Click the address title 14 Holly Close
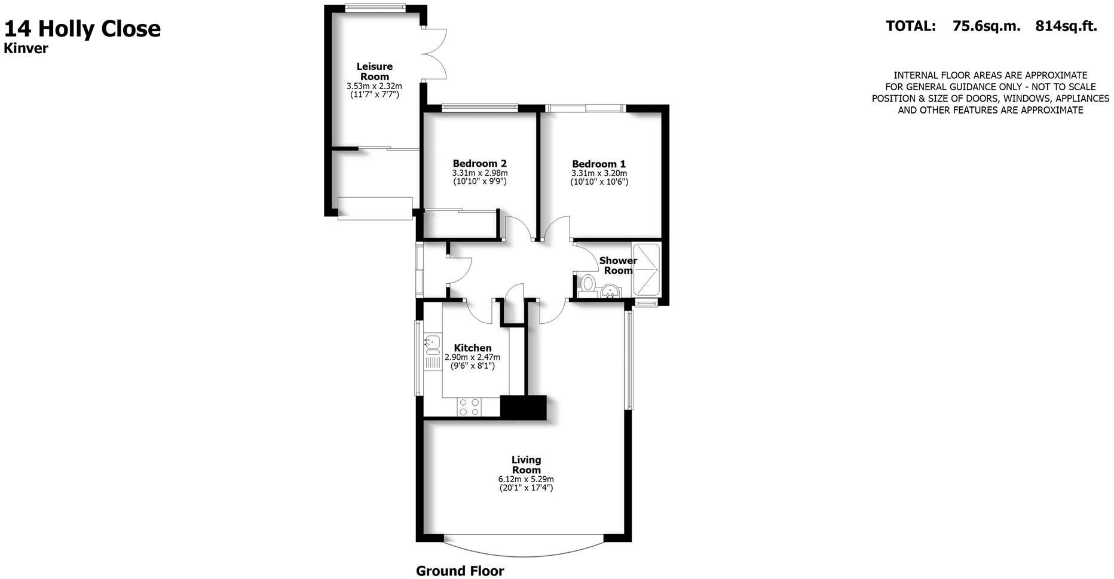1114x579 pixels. coord(82,29)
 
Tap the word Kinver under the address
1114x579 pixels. coord(26,49)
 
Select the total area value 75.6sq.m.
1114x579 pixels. coord(986,26)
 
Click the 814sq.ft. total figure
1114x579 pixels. coord(1066,26)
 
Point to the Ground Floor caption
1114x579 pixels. coord(460,571)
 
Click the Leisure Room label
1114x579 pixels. coord(375,71)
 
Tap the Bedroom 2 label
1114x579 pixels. coord(479,163)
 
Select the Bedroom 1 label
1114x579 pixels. coord(599,164)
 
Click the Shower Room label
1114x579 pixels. coord(618,265)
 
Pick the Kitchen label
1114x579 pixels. coord(473,348)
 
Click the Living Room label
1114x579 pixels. coord(526,464)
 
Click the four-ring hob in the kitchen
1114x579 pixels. coord(469,407)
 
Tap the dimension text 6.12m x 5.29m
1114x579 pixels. coord(526,479)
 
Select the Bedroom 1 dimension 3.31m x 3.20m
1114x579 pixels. coord(599,174)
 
